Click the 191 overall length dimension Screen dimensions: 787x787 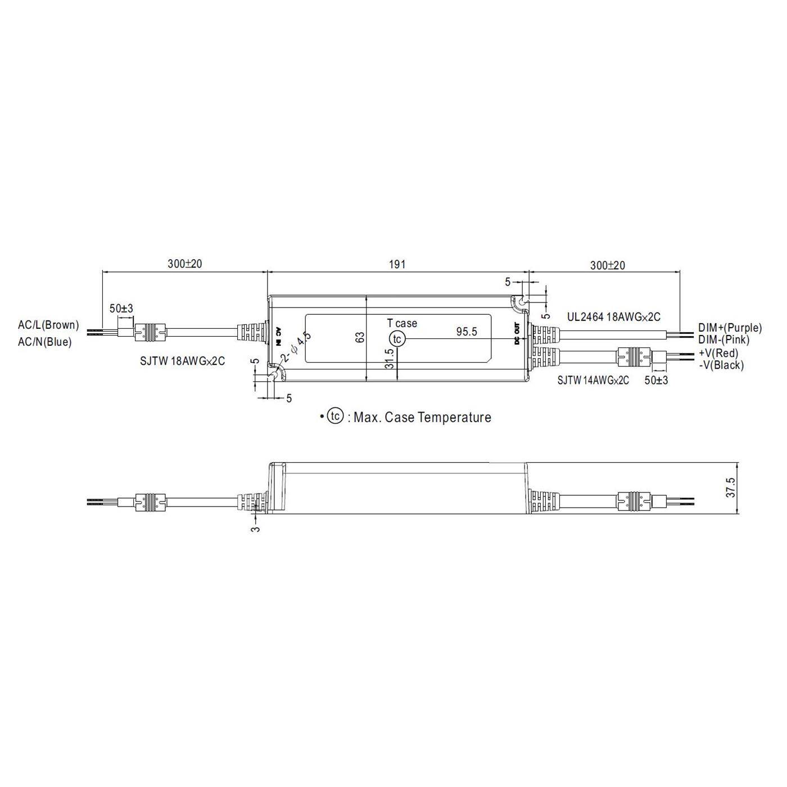pyautogui.click(x=397, y=264)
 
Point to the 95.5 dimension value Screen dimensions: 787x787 pyautogui.click(x=466, y=332)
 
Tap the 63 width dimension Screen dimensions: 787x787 pyautogui.click(x=360, y=337)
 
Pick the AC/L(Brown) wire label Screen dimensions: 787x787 pyautogui.click(x=48, y=325)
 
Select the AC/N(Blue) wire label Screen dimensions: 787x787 pyautogui.click(x=45, y=341)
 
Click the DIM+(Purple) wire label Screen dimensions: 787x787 pyautogui.click(x=730, y=327)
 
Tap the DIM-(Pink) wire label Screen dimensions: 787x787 pyautogui.click(x=723, y=340)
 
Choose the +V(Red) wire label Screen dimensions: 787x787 pyautogui.click(x=718, y=353)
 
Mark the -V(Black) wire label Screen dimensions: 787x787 pyautogui.click(x=721, y=365)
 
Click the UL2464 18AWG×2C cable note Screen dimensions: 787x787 pyautogui.click(x=613, y=317)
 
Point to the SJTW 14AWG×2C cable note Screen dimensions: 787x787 pyautogui.click(x=593, y=381)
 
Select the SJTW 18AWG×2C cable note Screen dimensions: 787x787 pyautogui.click(x=182, y=361)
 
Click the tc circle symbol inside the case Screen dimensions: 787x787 pyautogui.click(x=397, y=339)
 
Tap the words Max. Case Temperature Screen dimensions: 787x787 pyautogui.click(x=422, y=418)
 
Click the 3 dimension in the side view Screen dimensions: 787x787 pyautogui.click(x=256, y=529)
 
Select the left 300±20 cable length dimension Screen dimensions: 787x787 pyautogui.click(x=184, y=264)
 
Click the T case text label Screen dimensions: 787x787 pyautogui.click(x=402, y=323)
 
